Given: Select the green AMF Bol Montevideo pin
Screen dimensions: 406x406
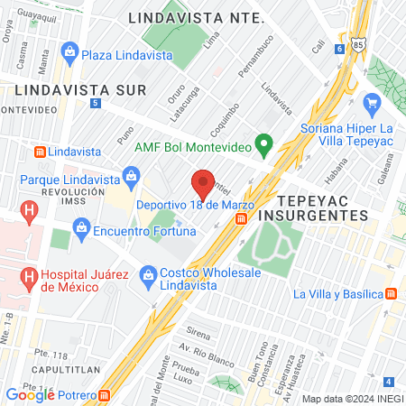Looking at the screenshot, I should point(263,144).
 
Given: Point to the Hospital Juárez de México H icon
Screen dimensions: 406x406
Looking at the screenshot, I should point(30,278).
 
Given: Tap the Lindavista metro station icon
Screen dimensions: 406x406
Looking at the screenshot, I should point(39,151).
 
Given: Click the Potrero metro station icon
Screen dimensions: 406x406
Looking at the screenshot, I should point(106,394).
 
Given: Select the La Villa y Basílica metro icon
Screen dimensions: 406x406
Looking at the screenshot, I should point(392,293).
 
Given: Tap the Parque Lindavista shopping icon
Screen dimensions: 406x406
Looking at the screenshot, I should point(132,173).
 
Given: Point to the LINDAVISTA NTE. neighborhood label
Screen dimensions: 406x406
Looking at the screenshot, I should point(196,17).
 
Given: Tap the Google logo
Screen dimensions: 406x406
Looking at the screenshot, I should point(30,394).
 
